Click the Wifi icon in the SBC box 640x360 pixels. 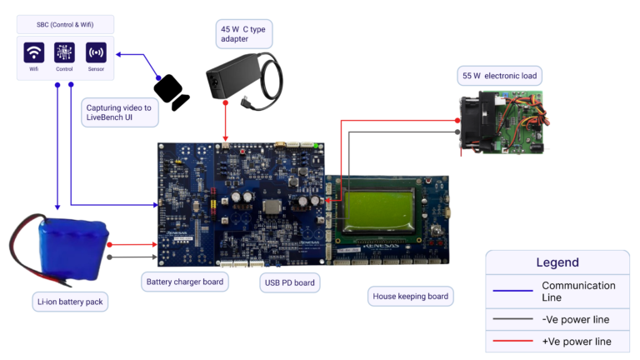click(x=34, y=53)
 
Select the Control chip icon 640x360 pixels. click(x=65, y=53)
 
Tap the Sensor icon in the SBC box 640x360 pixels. click(x=96, y=53)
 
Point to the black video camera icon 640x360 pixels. click(x=171, y=92)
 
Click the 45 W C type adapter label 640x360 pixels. click(x=243, y=33)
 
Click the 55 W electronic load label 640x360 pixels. click(x=500, y=77)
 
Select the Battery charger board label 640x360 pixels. click(x=184, y=282)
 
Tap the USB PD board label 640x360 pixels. click(x=289, y=282)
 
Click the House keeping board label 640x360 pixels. click(x=412, y=296)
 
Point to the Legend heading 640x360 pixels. click(x=557, y=262)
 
